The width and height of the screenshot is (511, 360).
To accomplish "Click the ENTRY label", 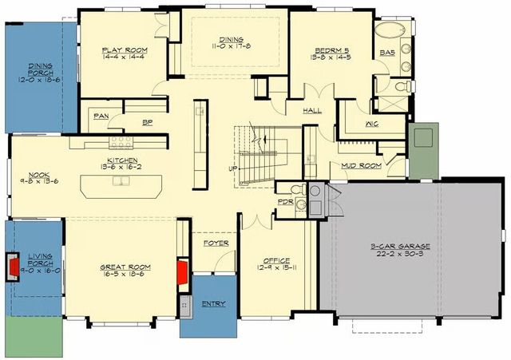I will click(213, 303).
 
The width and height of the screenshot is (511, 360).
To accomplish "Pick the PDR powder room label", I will click(284, 203).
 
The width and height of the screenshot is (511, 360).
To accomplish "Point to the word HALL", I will click(312, 112).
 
